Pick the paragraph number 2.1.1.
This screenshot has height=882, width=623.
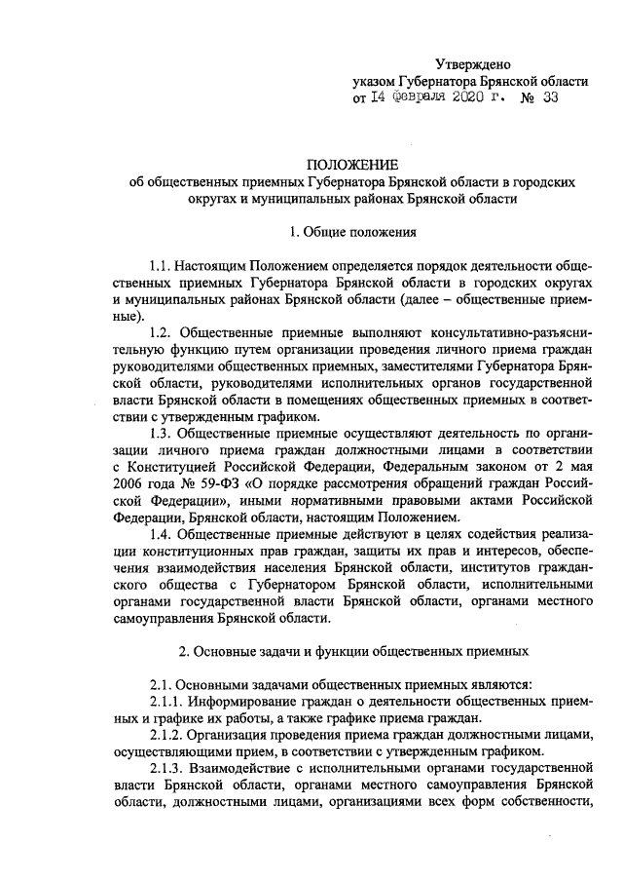[x=168, y=701]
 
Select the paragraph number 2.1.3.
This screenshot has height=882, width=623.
[x=168, y=767]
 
